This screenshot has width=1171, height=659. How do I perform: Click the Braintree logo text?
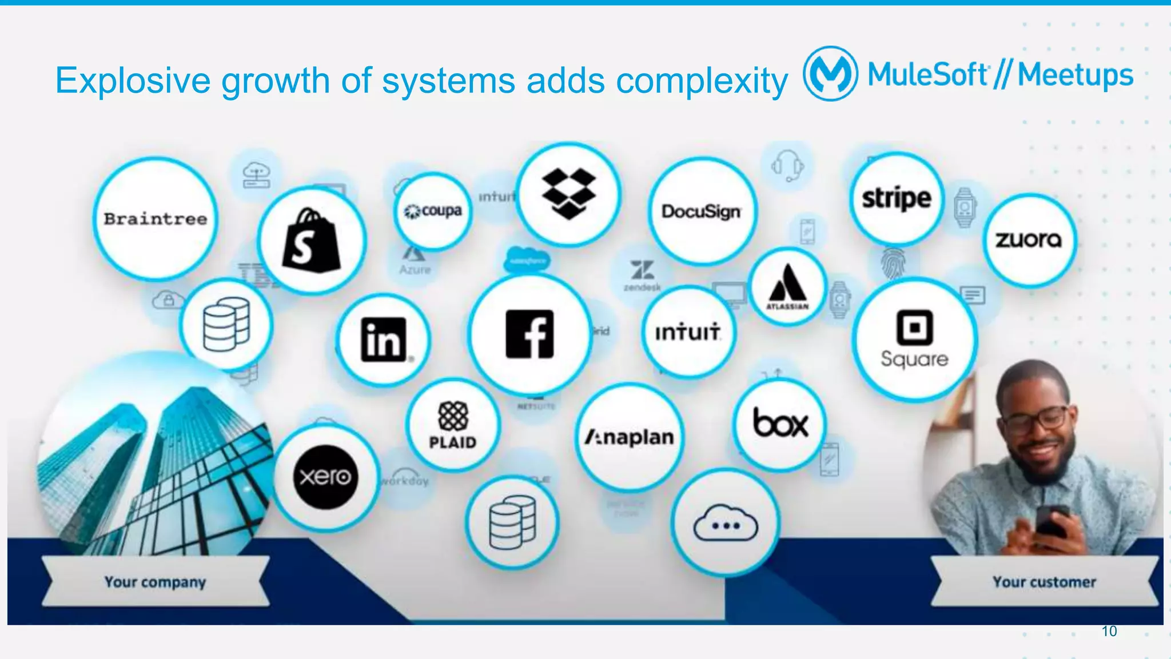pyautogui.click(x=156, y=219)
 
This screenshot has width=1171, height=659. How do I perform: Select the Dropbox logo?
pyautogui.click(x=568, y=193)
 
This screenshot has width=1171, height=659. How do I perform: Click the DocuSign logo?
pyautogui.click(x=702, y=211)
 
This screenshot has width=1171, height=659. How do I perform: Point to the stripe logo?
pyautogui.click(x=896, y=198)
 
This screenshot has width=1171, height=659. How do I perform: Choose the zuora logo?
pyautogui.click(x=1029, y=239)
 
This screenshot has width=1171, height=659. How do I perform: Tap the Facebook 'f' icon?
pyautogui.click(x=529, y=334)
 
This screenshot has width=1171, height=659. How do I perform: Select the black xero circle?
pyautogui.click(x=325, y=477)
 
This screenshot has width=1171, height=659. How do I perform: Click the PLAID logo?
pyautogui.click(x=453, y=425)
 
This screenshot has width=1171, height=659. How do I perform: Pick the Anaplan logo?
pyautogui.click(x=629, y=437)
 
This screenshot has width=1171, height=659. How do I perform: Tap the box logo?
pyautogui.click(x=780, y=424)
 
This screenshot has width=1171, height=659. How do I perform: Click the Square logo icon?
pyautogui.click(x=914, y=327)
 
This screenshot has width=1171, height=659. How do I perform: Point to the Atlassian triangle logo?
pyautogui.click(x=787, y=284)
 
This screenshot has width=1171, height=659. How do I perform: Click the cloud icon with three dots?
pyautogui.click(x=725, y=524)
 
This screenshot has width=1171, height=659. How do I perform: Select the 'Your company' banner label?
pyautogui.click(x=155, y=582)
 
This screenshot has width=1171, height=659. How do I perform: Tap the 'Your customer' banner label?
pyautogui.click(x=1044, y=582)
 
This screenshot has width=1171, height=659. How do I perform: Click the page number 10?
pyautogui.click(x=1109, y=631)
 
